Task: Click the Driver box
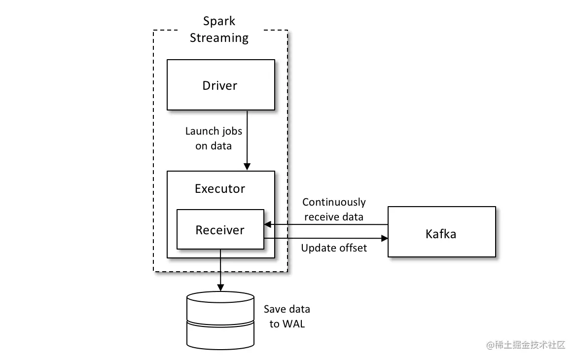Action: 220,85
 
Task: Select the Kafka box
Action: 441,232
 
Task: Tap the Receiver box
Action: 220,230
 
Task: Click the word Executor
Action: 220,188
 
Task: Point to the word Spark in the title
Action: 219,21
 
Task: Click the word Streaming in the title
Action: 219,38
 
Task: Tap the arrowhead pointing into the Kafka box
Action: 385,239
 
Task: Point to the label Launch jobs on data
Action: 214,139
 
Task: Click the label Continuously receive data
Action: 334,210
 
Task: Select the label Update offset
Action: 334,248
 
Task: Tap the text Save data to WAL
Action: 287,317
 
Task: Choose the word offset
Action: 351,248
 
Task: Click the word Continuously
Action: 334,202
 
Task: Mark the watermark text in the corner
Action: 526,345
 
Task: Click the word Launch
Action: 201,131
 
